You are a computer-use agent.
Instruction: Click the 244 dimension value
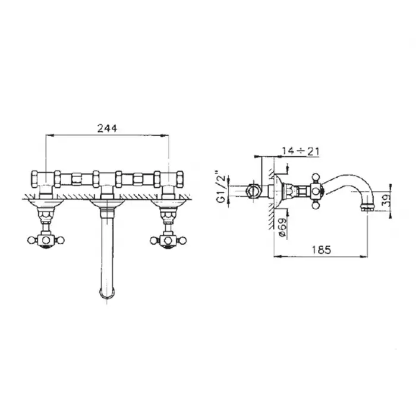tap(107, 128)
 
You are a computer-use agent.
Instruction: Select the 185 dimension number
tap(322, 250)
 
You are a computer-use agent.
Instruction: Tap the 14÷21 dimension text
tap(300, 151)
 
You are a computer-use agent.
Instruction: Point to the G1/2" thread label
tap(221, 186)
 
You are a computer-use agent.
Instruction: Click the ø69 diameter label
tap(283, 227)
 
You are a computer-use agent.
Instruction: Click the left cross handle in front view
tap(46, 240)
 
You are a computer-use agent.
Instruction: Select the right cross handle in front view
tap(168, 240)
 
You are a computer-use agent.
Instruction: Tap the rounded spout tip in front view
tap(106, 293)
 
